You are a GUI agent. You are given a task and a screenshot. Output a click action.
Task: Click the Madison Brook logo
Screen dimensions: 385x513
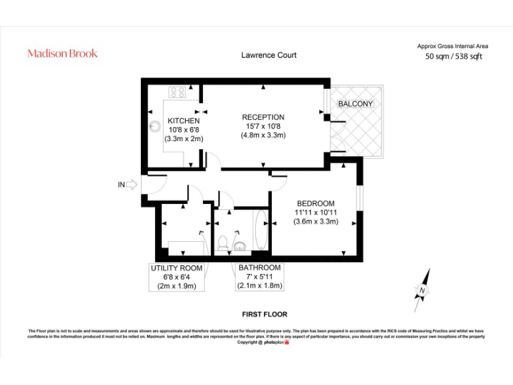tap(62, 53)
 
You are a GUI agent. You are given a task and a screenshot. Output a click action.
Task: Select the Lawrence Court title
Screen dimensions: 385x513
tap(269, 55)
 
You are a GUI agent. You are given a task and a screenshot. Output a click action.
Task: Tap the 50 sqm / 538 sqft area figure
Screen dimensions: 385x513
tap(454, 57)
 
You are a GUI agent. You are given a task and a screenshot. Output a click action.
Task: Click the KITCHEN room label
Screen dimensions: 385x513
tap(184, 121)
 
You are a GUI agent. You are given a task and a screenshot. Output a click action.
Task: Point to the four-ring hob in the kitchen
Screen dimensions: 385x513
tap(178, 93)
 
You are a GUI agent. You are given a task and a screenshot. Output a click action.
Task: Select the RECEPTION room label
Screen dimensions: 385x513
tap(263, 117)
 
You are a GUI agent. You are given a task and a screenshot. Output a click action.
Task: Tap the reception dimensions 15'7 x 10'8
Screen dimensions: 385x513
tap(263, 126)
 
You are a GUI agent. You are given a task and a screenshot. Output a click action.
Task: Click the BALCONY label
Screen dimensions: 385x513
tap(355, 104)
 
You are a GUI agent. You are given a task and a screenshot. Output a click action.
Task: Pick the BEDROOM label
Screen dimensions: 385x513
tap(316, 204)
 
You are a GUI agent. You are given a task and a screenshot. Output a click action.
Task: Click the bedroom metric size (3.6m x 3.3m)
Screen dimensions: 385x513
tap(316, 222)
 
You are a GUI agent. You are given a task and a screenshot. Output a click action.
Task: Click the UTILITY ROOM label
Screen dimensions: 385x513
tap(176, 268)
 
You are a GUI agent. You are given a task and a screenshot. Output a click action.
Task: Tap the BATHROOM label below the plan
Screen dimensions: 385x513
tap(260, 268)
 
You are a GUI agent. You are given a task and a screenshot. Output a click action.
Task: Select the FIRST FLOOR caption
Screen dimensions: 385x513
tap(265, 313)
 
